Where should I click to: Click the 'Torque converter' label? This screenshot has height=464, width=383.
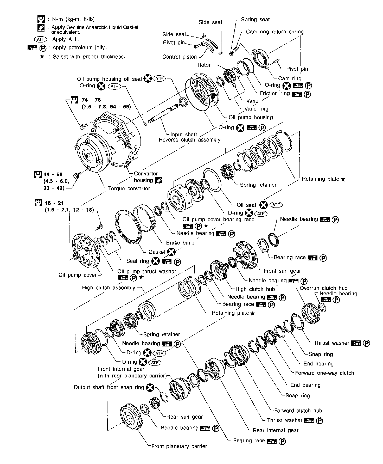(x=129, y=188)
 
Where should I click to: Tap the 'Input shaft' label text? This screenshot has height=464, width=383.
(x=184, y=135)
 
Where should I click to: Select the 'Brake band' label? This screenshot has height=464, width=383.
(x=180, y=243)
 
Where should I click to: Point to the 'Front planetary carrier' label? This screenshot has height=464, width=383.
(x=179, y=446)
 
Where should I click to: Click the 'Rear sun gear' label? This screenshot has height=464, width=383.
(x=184, y=417)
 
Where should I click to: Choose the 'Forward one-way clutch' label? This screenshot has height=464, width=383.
(x=324, y=373)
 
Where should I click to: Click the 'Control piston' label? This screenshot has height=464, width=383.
(x=179, y=57)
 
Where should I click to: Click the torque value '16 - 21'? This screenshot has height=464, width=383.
(x=54, y=203)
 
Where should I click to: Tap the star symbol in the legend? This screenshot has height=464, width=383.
(x=42, y=57)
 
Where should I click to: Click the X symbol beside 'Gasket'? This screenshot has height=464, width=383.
(x=171, y=252)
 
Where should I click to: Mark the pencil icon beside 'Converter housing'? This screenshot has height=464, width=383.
(x=158, y=180)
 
